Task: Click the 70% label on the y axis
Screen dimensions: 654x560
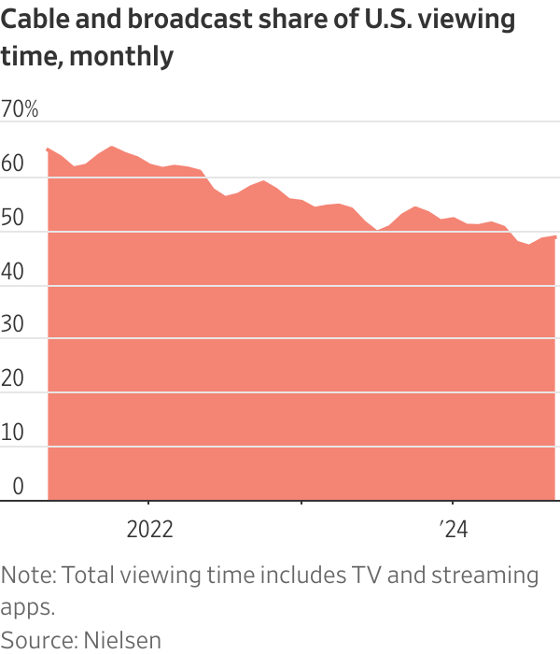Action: point(20,109)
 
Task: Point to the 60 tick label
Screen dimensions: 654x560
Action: point(14,163)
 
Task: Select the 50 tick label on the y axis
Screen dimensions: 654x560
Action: point(14,218)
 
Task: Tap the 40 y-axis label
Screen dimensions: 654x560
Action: point(14,271)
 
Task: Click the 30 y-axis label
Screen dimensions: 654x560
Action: point(14,325)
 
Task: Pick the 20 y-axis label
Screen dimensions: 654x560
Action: point(14,379)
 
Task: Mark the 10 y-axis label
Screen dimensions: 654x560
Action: point(13,434)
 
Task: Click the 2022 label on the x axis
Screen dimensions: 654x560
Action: point(149,530)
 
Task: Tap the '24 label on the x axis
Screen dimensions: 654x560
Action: point(453,530)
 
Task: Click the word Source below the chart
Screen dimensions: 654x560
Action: point(35,640)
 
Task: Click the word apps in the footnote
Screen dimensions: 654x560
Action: point(27,607)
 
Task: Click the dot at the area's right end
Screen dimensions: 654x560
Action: point(556,236)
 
